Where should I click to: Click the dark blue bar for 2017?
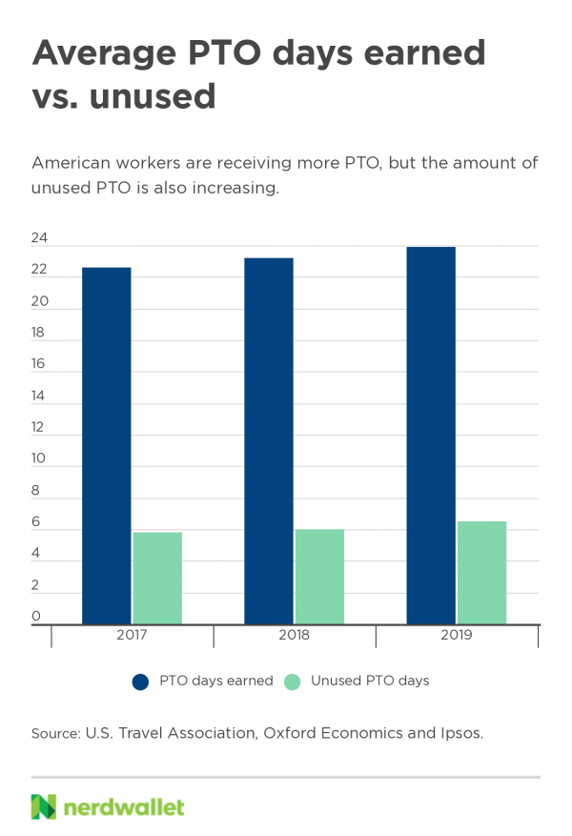pyautogui.click(x=106, y=445)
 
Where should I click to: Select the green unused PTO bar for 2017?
pyautogui.click(x=157, y=578)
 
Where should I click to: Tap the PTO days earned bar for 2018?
pyautogui.click(x=268, y=440)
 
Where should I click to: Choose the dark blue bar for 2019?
pyautogui.click(x=430, y=435)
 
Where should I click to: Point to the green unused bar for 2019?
pyautogui.click(x=481, y=572)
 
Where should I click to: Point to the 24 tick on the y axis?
pyautogui.click(x=41, y=238)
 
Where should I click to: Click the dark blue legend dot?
pyautogui.click(x=141, y=682)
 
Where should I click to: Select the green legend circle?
pyautogui.click(x=293, y=682)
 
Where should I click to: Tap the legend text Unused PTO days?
pyautogui.click(x=369, y=681)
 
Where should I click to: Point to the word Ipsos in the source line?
pyautogui.click(x=460, y=733)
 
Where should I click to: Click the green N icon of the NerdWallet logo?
pyautogui.click(x=44, y=806)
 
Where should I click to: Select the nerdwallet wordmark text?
pyautogui.click(x=124, y=806)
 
